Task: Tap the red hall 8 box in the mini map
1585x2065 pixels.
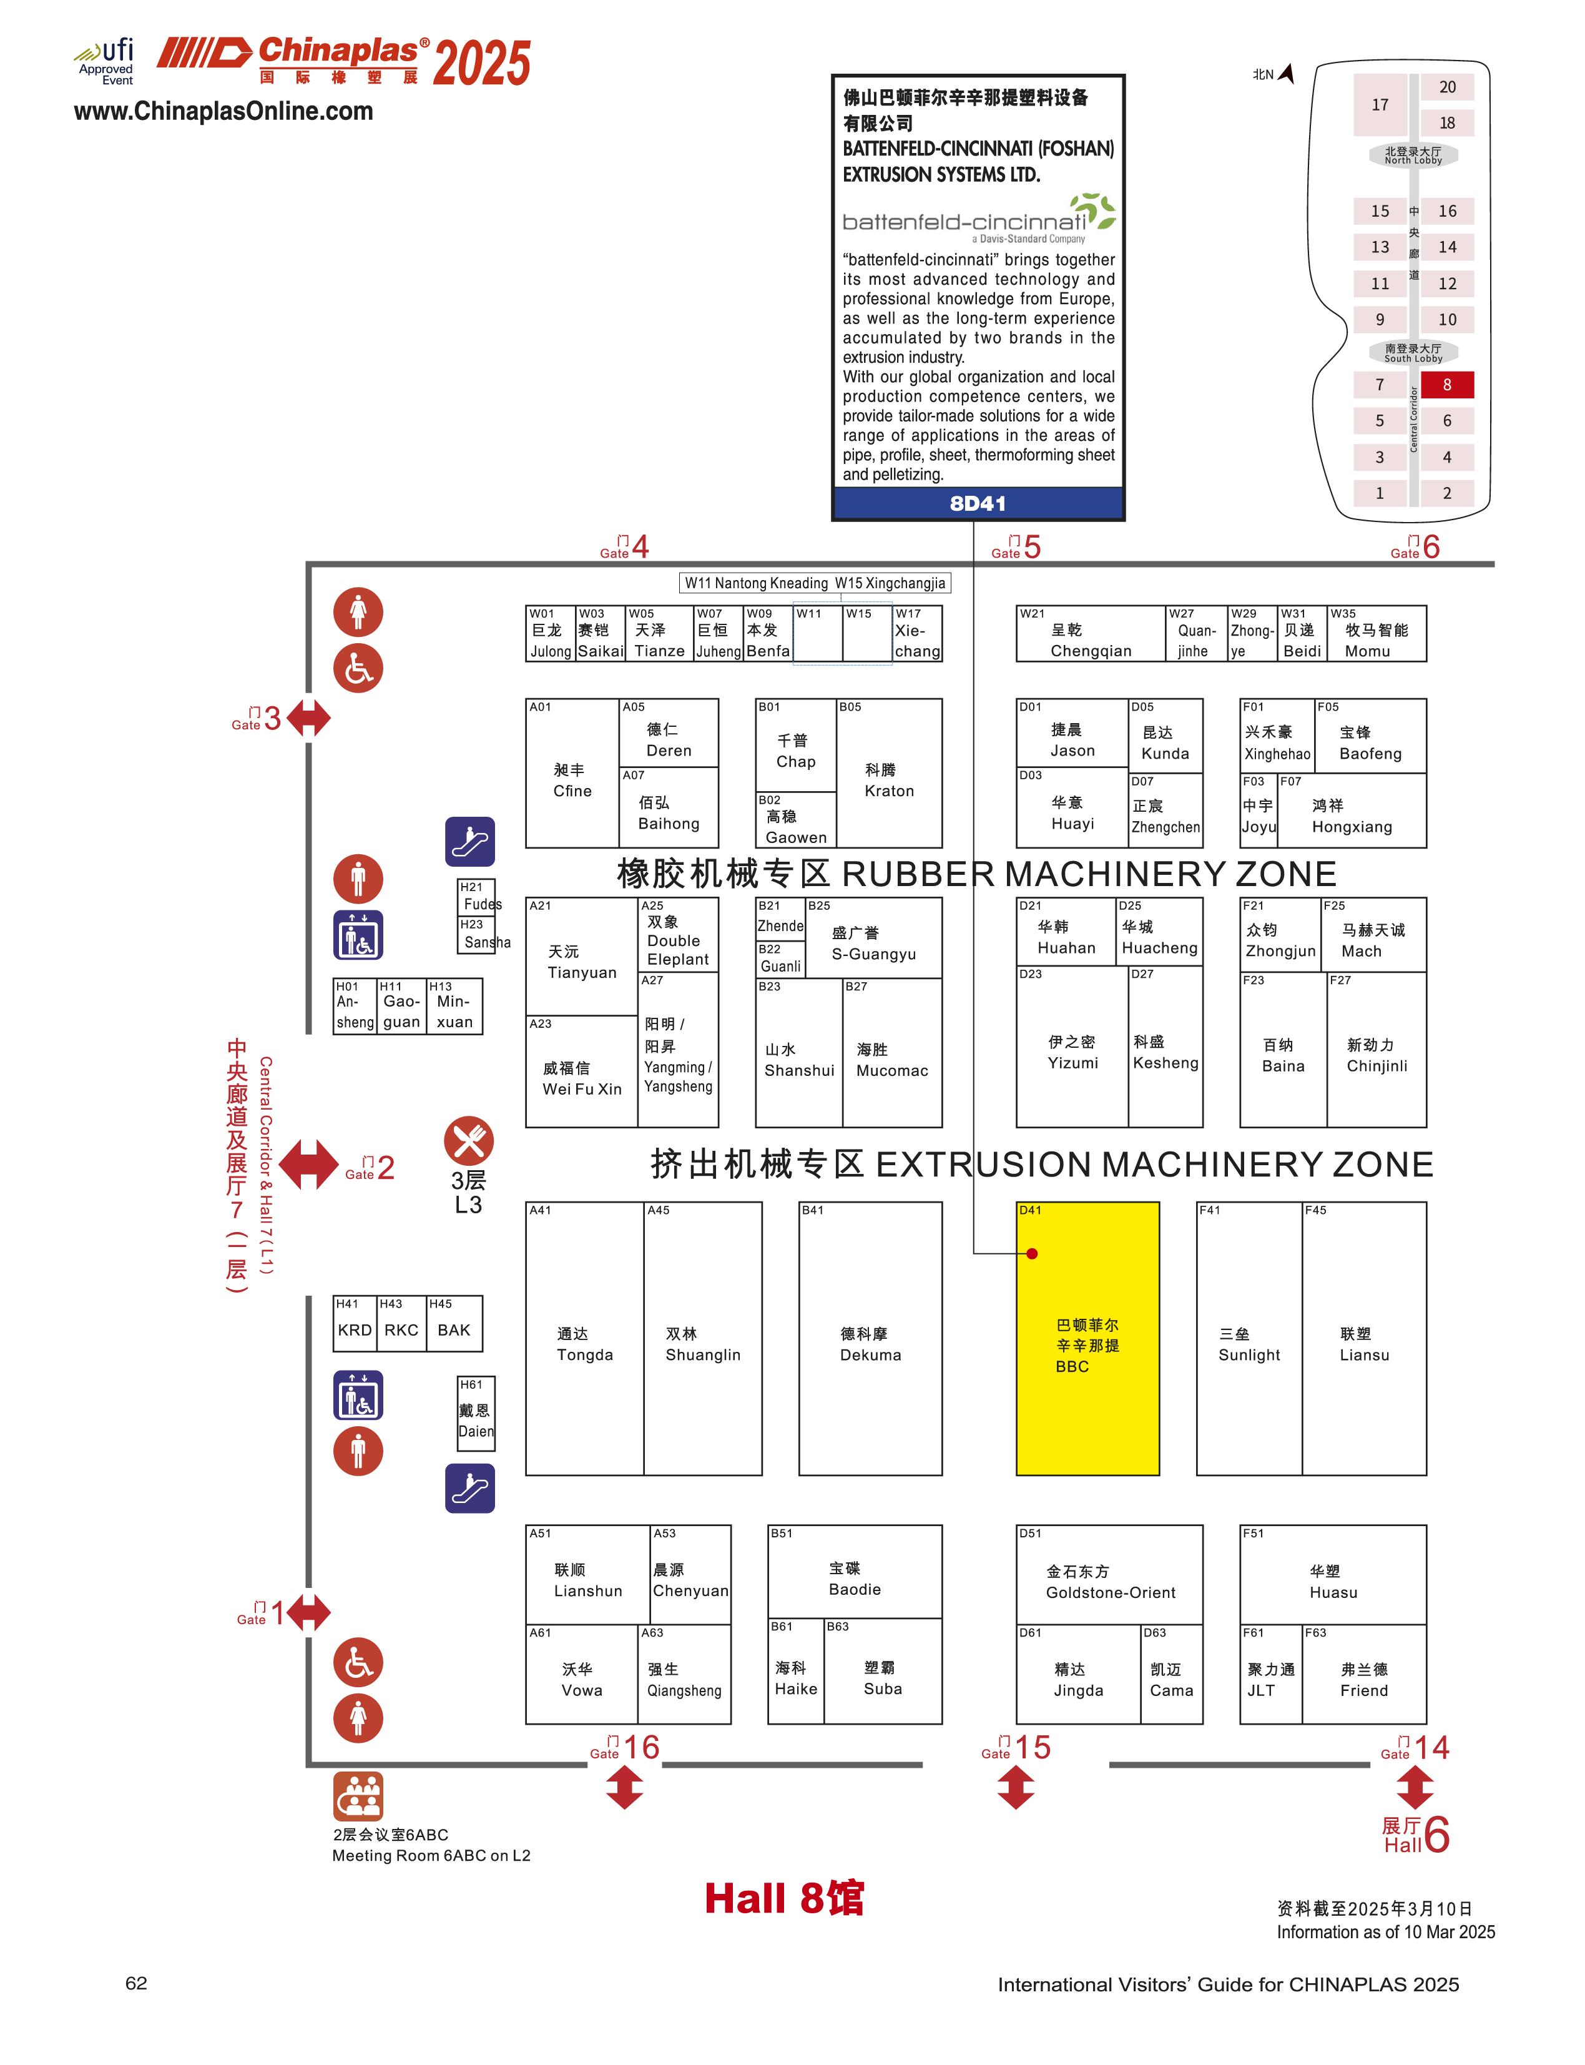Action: point(1446,384)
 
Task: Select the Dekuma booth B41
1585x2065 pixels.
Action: point(870,1338)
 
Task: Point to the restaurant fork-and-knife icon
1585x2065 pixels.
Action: point(469,1140)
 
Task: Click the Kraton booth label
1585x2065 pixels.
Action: point(889,779)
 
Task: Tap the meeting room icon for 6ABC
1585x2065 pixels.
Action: point(358,1795)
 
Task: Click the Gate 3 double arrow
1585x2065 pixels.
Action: point(308,717)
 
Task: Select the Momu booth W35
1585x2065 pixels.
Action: point(1376,633)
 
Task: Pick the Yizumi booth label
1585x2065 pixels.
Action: point(1072,1052)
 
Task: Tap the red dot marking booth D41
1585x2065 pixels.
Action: point(1032,1253)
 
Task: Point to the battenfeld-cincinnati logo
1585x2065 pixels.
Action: point(978,218)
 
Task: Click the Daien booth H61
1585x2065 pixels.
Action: point(476,1413)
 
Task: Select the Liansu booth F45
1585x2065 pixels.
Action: point(1364,1338)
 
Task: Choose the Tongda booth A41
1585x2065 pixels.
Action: point(585,1338)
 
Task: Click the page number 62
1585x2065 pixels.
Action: point(136,1983)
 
